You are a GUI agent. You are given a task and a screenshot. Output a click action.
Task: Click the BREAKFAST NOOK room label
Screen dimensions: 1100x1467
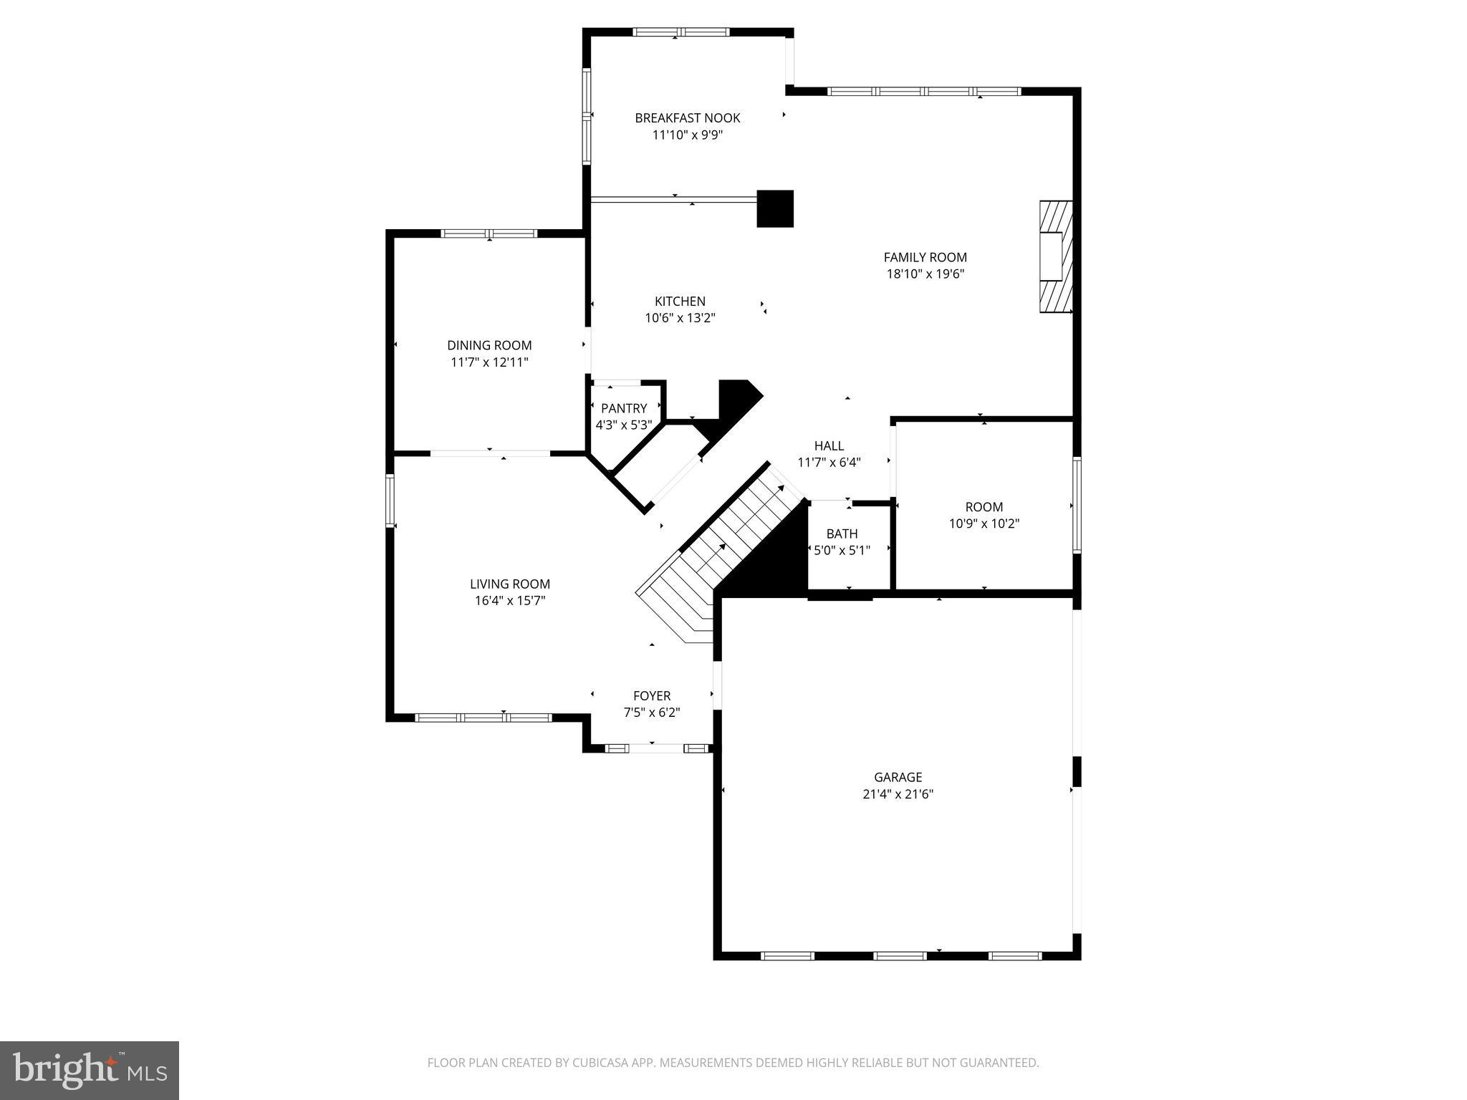pos(687,118)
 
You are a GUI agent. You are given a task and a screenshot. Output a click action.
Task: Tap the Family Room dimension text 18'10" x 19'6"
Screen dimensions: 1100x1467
pos(925,274)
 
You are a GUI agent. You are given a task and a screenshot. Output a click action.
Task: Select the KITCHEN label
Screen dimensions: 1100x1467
pos(680,301)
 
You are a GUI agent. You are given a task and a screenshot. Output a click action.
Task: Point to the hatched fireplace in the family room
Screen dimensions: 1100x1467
pos(1056,256)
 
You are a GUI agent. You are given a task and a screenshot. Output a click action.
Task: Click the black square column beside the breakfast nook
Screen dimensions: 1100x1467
pos(775,208)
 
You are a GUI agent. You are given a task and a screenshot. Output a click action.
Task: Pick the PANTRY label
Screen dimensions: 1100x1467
pos(624,408)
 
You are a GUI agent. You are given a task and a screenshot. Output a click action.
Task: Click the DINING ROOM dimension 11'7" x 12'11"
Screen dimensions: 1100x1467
pos(489,362)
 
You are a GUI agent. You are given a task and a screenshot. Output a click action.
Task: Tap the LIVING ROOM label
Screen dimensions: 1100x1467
pos(509,584)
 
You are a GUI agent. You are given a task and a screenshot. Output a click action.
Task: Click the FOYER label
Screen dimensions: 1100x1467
pos(651,696)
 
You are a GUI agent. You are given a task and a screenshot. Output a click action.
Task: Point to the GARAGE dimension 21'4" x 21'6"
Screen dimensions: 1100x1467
pos(898,794)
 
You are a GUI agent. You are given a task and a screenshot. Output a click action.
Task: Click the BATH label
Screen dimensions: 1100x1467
pos(842,534)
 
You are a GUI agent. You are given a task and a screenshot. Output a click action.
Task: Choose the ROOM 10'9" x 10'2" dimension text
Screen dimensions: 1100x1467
pos(983,524)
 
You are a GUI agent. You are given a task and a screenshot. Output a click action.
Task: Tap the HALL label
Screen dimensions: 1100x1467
pos(829,445)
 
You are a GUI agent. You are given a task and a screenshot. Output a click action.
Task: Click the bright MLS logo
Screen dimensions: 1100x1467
pos(89,1070)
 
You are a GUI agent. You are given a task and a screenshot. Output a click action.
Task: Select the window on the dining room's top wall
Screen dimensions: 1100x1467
pos(489,233)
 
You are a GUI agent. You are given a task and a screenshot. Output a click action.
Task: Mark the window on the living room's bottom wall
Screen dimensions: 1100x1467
pos(484,718)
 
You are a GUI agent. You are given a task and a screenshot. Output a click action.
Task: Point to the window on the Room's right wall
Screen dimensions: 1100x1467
pos(1077,505)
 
